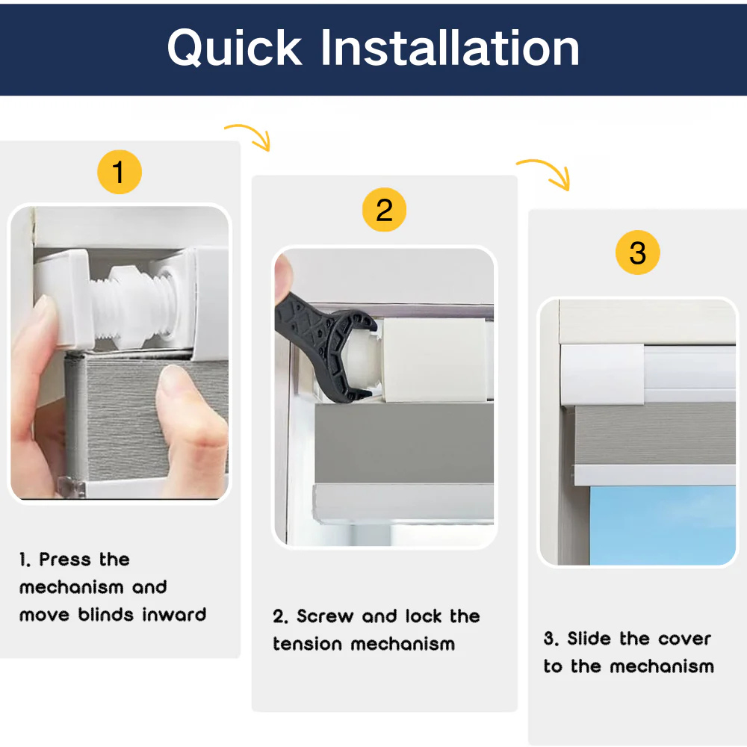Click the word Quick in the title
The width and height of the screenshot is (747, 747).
click(235, 48)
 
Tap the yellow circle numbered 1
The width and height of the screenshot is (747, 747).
click(119, 172)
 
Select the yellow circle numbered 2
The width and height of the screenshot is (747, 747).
click(384, 210)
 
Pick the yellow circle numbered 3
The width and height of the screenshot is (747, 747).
click(637, 252)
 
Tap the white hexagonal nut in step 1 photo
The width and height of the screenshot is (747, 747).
click(125, 306)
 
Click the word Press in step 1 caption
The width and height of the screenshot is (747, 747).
click(65, 560)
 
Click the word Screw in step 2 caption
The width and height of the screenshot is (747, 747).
click(325, 616)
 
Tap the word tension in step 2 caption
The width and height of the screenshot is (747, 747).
click(308, 644)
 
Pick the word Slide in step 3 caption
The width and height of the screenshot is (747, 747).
click(589, 639)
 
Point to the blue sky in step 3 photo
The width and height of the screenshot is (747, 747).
click(662, 525)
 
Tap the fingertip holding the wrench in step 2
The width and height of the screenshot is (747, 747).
click(283, 274)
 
